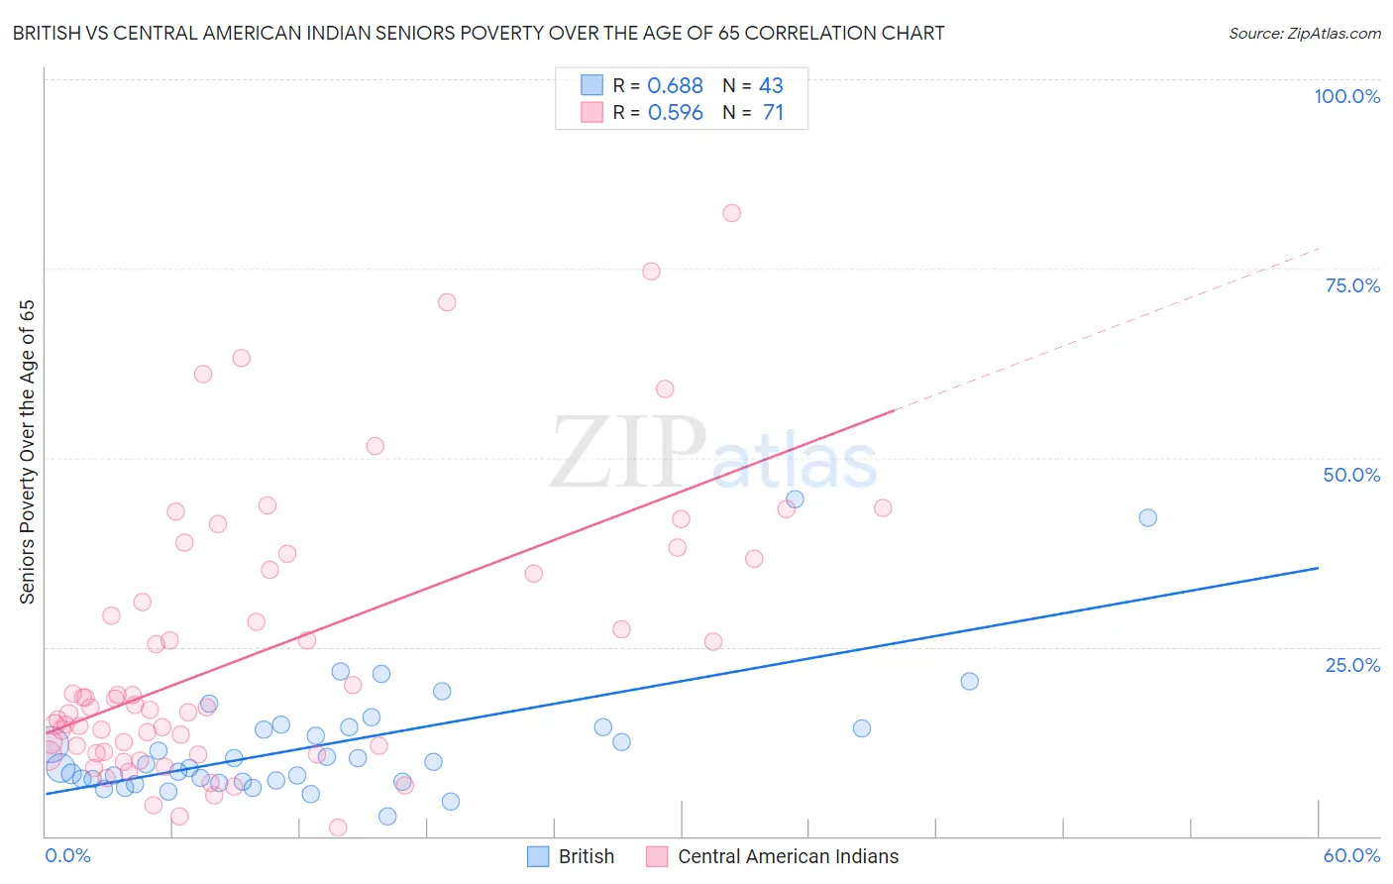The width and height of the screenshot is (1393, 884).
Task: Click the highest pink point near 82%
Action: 731,213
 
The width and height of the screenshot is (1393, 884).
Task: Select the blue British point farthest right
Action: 1147,517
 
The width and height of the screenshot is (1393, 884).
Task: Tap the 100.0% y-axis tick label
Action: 1346,96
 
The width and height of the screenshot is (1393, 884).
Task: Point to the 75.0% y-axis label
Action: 1352,285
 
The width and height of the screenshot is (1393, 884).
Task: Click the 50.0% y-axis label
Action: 1351,475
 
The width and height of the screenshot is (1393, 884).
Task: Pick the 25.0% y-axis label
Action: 1352,665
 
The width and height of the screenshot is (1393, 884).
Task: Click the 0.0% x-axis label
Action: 67,856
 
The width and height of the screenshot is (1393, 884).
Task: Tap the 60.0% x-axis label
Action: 1351,856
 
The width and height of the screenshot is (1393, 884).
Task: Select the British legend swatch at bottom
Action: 538,856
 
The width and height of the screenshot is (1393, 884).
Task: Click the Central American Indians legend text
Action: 788,856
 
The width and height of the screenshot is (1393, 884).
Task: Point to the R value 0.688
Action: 675,86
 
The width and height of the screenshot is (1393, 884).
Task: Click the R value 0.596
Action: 675,113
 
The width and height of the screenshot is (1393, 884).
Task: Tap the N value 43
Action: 771,86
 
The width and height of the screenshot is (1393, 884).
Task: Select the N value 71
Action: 773,113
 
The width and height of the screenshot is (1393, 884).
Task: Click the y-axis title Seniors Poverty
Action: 27,452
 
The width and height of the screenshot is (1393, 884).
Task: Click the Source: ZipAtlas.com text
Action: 1304,33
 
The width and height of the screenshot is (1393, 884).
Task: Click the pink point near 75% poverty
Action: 651,272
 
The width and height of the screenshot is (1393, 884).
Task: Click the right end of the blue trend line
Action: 1318,568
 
